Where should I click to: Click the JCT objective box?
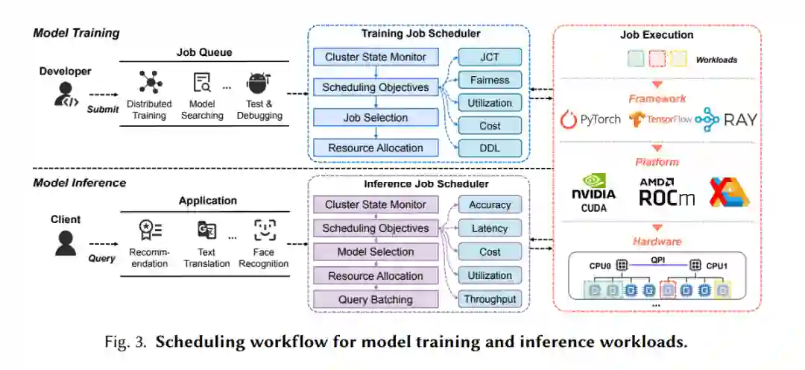tap(490, 57)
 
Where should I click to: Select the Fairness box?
tap(490, 80)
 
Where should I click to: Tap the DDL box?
tap(490, 148)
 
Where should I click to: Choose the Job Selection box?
tap(375, 117)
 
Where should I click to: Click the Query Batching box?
tap(375, 299)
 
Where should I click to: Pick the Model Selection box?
tap(375, 251)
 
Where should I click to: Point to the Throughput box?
tap(490, 299)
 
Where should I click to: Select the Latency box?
tap(490, 228)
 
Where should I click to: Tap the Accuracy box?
tap(490, 204)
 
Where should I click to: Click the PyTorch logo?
tap(590, 119)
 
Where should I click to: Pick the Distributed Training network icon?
tap(150, 82)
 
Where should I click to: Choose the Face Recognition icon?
tap(265, 230)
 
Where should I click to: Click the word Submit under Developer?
tap(102, 109)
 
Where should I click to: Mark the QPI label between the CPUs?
tap(657, 261)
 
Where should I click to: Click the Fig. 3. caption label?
tap(127, 342)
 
